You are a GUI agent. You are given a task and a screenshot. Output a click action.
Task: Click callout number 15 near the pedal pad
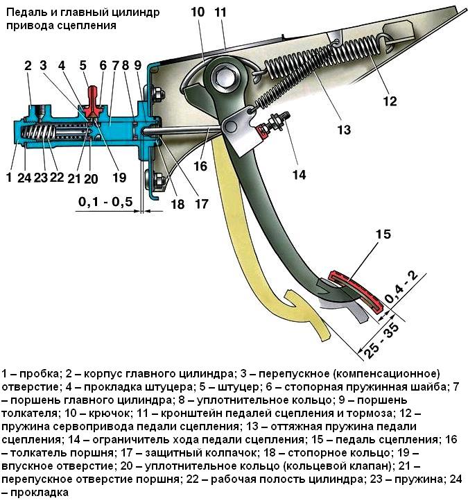pos(384,235)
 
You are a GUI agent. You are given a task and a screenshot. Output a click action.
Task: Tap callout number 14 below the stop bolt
pos(298,175)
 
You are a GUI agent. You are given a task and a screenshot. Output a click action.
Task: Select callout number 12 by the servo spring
pos(389,101)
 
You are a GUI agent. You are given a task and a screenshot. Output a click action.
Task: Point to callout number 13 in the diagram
pos(343,129)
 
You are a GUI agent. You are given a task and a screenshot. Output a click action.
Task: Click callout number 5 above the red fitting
pos(83,67)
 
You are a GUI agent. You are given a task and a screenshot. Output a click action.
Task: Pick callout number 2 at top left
pos(28,67)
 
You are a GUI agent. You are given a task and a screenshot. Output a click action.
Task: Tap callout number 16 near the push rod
pos(201,167)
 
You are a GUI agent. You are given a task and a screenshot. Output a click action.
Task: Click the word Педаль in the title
pos(26,12)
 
